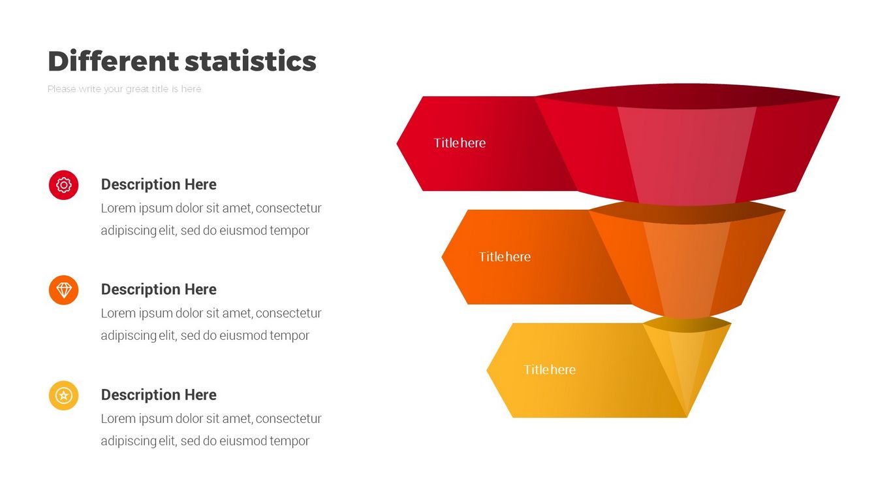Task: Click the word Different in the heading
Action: click(113, 61)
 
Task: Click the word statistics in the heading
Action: click(251, 61)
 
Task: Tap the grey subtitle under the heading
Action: click(124, 89)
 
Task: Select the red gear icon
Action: click(64, 185)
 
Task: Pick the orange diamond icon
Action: click(64, 290)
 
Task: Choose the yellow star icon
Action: click(64, 395)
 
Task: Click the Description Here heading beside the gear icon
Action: click(159, 184)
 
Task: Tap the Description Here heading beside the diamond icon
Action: click(159, 290)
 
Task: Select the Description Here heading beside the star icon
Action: click(159, 395)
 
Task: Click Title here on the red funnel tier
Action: click(460, 143)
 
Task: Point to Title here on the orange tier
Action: click(505, 257)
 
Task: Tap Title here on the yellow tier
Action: click(550, 370)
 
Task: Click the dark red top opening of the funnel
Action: click(687, 95)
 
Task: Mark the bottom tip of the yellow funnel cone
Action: click(687, 417)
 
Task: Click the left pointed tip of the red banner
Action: click(397, 144)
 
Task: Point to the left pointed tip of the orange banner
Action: click(442, 257)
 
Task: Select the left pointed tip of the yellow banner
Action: click(487, 370)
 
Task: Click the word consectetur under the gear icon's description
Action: click(289, 209)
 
